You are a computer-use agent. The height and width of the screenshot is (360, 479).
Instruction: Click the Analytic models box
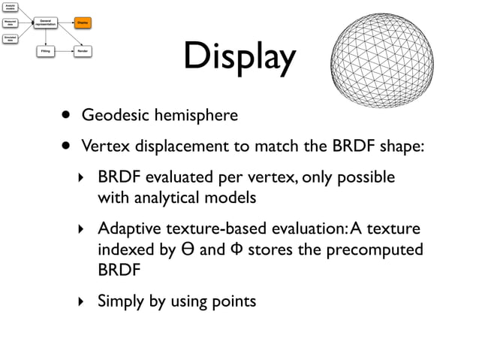pyautogui.click(x=10, y=7)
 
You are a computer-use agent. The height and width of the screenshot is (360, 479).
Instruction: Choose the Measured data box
pyautogui.click(x=10, y=23)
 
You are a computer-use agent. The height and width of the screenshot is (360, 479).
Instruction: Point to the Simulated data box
pyautogui.click(x=10, y=38)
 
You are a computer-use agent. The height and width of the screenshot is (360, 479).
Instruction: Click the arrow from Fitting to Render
pyautogui.click(x=64, y=52)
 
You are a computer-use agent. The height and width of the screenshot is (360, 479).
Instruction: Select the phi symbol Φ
pyautogui.click(x=233, y=249)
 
